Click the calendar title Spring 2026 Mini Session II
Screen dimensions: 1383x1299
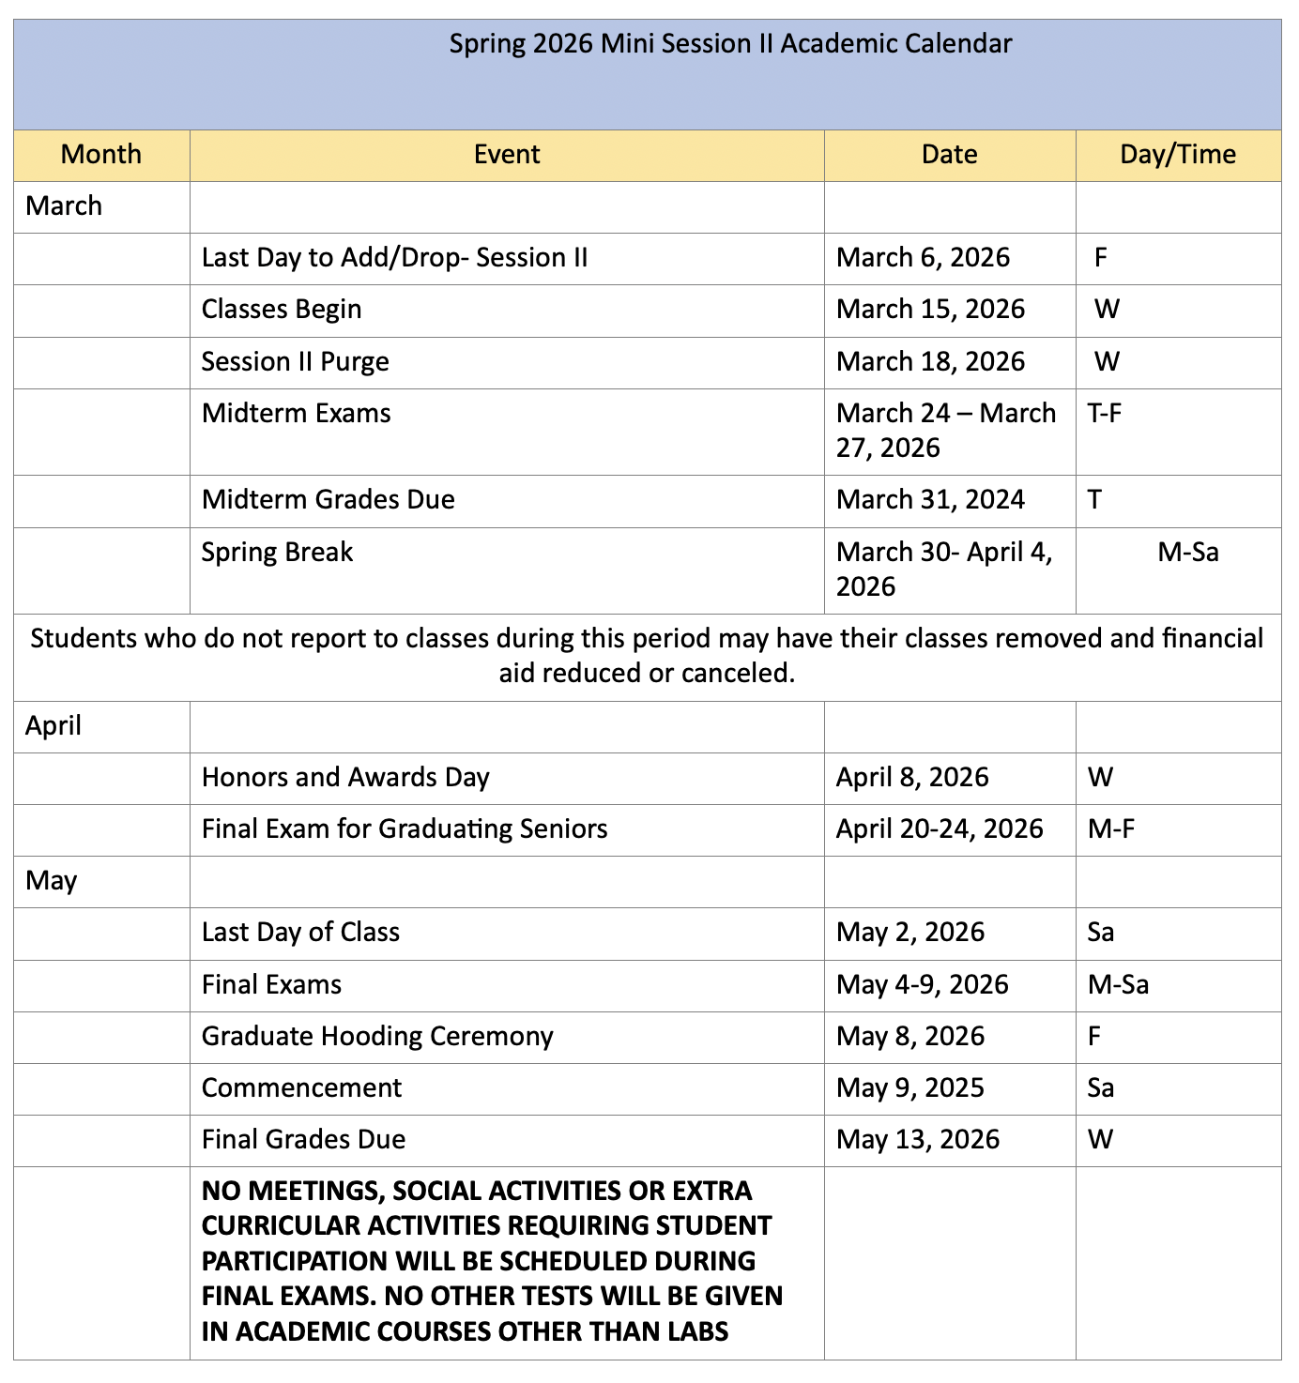tap(730, 44)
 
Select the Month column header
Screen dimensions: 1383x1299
tap(101, 155)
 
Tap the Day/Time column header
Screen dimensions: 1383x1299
tap(1178, 155)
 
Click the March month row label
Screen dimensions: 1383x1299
tap(64, 206)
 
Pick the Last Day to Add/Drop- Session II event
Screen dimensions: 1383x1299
tap(394, 258)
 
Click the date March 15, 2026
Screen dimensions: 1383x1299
tap(930, 310)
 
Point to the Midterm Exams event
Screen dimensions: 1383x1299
tap(296, 414)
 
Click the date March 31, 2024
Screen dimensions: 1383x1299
tap(930, 500)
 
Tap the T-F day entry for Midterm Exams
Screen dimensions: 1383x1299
tap(1104, 414)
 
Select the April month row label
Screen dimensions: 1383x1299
tap(53, 726)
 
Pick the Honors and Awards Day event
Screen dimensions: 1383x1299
tap(345, 778)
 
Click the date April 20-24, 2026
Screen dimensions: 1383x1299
tap(940, 829)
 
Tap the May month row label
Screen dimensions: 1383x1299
tap(51, 881)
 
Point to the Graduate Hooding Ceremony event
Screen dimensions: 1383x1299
tap(377, 1037)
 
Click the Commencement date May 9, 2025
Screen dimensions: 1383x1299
tap(909, 1088)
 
